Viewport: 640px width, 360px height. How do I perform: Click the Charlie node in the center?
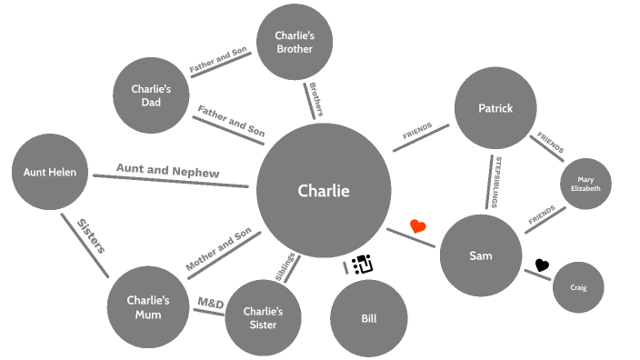click(324, 191)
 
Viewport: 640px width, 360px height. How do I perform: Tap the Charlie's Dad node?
click(151, 95)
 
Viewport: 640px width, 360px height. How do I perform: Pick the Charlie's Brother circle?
click(294, 43)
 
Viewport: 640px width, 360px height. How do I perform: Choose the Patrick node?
click(495, 108)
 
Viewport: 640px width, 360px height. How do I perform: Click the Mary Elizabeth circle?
click(585, 185)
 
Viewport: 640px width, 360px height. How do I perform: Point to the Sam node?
click(480, 255)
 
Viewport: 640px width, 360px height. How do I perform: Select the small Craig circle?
click(578, 287)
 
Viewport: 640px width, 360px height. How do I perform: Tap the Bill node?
click(368, 318)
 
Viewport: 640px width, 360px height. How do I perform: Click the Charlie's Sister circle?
click(263, 317)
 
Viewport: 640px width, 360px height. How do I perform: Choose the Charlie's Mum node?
click(148, 307)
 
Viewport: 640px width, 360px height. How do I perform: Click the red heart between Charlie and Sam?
click(418, 226)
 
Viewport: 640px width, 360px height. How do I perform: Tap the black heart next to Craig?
click(542, 265)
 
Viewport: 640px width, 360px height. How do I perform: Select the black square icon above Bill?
click(363, 264)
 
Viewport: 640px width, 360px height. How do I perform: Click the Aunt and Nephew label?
click(167, 170)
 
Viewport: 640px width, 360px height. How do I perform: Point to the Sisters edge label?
click(91, 235)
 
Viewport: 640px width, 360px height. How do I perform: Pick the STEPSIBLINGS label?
click(496, 182)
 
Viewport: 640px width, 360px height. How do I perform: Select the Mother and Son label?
click(218, 251)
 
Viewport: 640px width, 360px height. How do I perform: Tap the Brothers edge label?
click(315, 100)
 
